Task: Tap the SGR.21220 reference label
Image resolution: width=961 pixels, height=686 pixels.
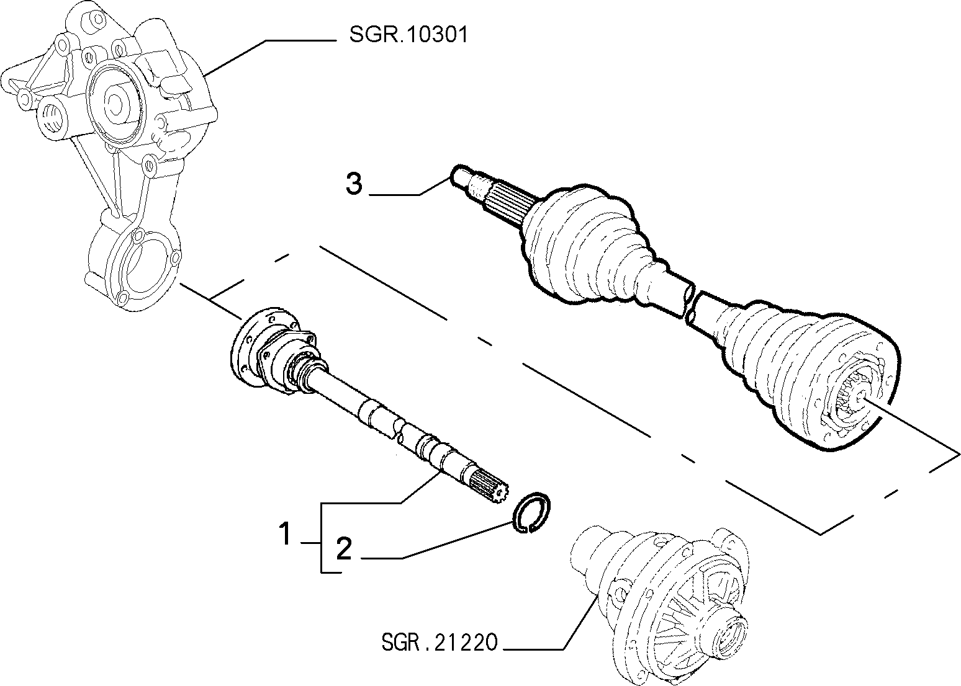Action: point(440,642)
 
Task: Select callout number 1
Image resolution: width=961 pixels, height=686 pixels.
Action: point(285,533)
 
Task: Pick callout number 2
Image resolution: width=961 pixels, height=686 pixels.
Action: point(344,548)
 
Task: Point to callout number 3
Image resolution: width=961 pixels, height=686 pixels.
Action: point(354,184)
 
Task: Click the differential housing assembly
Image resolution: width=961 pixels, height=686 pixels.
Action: point(659,605)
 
